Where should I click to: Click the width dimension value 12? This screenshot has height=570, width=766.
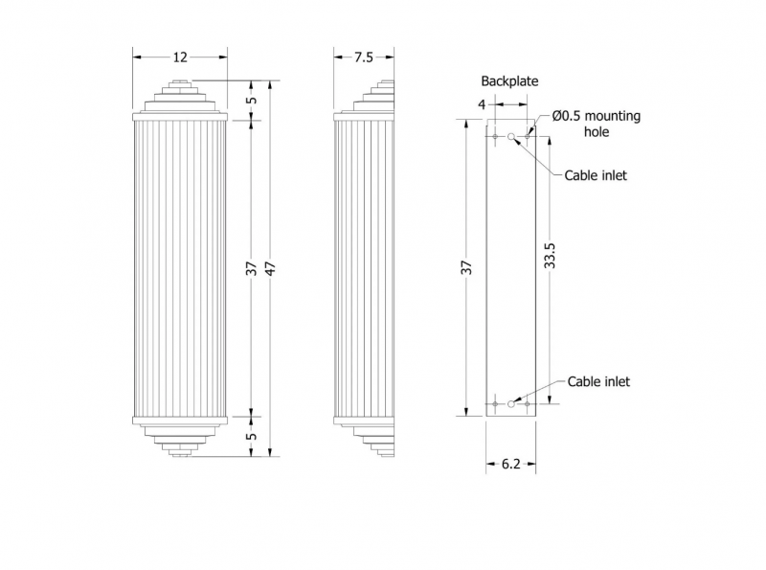pyautogui.click(x=180, y=57)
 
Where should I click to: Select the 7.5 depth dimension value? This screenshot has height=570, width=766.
pyautogui.click(x=364, y=57)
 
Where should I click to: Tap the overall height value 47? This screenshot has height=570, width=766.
pyautogui.click(x=271, y=268)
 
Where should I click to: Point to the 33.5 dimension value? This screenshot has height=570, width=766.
pyautogui.click(x=550, y=255)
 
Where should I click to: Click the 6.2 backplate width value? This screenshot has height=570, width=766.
pyautogui.click(x=511, y=464)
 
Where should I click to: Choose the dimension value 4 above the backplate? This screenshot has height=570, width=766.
pyautogui.click(x=483, y=104)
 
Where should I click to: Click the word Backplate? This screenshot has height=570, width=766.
pyautogui.click(x=509, y=81)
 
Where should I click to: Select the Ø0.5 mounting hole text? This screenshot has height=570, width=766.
pyautogui.click(x=597, y=124)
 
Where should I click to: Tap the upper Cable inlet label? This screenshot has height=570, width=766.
pyautogui.click(x=596, y=175)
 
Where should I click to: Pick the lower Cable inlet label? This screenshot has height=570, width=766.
pyautogui.click(x=598, y=381)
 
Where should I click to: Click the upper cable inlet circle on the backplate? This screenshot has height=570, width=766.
pyautogui.click(x=511, y=136)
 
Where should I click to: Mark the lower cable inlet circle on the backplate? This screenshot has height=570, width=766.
pyautogui.click(x=511, y=404)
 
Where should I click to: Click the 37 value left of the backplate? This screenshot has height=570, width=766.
pyautogui.click(x=467, y=267)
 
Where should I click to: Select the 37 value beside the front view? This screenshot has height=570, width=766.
pyautogui.click(x=251, y=268)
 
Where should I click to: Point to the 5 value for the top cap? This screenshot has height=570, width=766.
pyautogui.click(x=252, y=101)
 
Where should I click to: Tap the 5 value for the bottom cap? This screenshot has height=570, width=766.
pyautogui.click(x=252, y=436)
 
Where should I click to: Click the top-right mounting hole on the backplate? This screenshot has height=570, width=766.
pyautogui.click(x=528, y=136)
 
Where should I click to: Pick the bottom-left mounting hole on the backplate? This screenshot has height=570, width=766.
pyautogui.click(x=495, y=404)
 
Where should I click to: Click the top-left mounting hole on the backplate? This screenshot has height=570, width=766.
pyautogui.click(x=495, y=136)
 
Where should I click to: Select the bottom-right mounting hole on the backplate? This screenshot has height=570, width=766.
pyautogui.click(x=528, y=404)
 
